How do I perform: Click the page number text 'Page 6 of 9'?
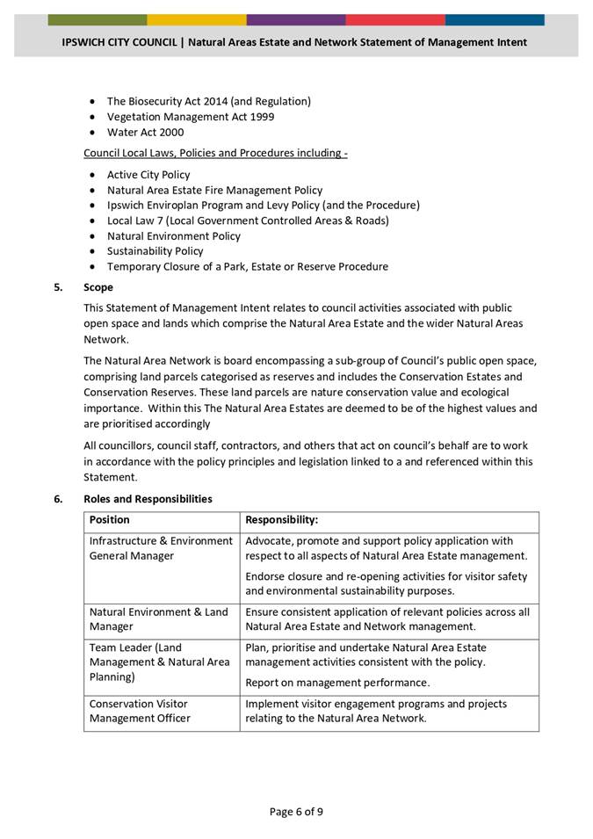pyautogui.click(x=296, y=811)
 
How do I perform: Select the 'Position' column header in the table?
pyautogui.click(x=110, y=520)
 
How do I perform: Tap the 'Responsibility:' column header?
pyautogui.click(x=281, y=520)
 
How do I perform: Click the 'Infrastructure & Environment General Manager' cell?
pyautogui.click(x=161, y=548)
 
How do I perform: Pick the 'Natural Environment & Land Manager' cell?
pyautogui.click(x=158, y=619)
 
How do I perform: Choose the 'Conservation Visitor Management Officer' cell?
pyautogui.click(x=139, y=711)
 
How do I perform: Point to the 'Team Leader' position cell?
pyautogui.click(x=159, y=662)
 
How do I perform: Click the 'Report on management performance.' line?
pyautogui.click(x=337, y=683)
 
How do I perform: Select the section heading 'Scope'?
pyautogui.click(x=98, y=287)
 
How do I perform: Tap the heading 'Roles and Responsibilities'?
pyautogui.click(x=148, y=499)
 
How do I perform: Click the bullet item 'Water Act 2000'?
pyautogui.click(x=145, y=133)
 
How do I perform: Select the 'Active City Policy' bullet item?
pyautogui.click(x=148, y=175)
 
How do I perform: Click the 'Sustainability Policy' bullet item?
pyautogui.click(x=155, y=251)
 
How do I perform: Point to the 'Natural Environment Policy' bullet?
pyautogui.click(x=173, y=235)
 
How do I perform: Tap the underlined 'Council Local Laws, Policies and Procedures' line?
pyautogui.click(x=215, y=153)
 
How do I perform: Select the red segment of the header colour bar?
pyautogui.click(x=394, y=19)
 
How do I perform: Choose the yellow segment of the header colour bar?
pyautogui.click(x=196, y=19)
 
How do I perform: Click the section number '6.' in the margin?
pyautogui.click(x=58, y=499)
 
